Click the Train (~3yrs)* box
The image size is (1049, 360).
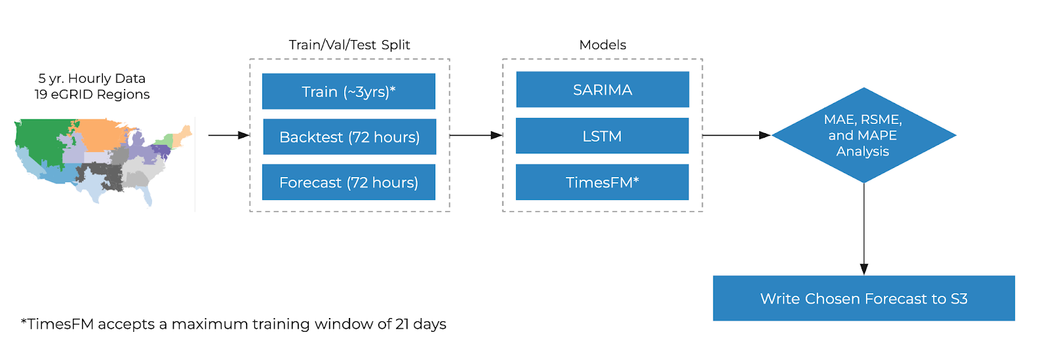pos(348,91)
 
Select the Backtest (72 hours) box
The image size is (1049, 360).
pos(349,136)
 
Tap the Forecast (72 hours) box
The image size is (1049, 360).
pos(348,182)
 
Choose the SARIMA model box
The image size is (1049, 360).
pos(603,89)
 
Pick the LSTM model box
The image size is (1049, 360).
pos(603,136)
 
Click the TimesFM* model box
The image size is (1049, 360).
pos(603,182)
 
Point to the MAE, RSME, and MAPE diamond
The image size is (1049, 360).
pos(863,135)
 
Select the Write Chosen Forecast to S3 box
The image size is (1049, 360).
pos(863,298)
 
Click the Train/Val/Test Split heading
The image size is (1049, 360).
pos(349,45)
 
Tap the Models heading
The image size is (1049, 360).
pos(603,45)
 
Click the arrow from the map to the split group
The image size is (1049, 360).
pos(229,135)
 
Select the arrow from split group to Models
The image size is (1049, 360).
pos(476,135)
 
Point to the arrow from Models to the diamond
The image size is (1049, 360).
pos(737,135)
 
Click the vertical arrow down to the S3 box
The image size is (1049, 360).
pos(864,229)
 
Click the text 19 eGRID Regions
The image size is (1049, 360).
pos(92,94)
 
